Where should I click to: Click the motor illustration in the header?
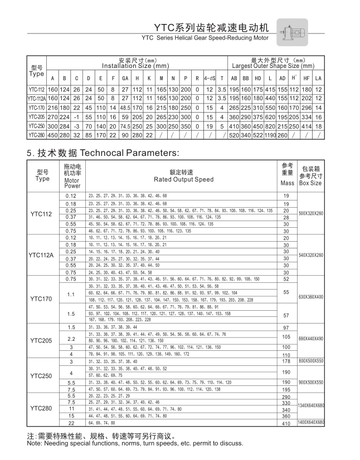tap(292, 31)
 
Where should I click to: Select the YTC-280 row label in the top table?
tap(37, 135)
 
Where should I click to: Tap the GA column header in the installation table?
tap(125, 77)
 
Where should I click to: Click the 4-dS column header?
tap(209, 77)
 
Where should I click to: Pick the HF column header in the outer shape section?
tap(306, 77)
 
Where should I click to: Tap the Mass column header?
tap(288, 183)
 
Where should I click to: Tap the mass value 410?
tap(287, 424)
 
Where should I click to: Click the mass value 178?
tap(287, 362)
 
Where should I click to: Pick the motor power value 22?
tap(71, 423)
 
